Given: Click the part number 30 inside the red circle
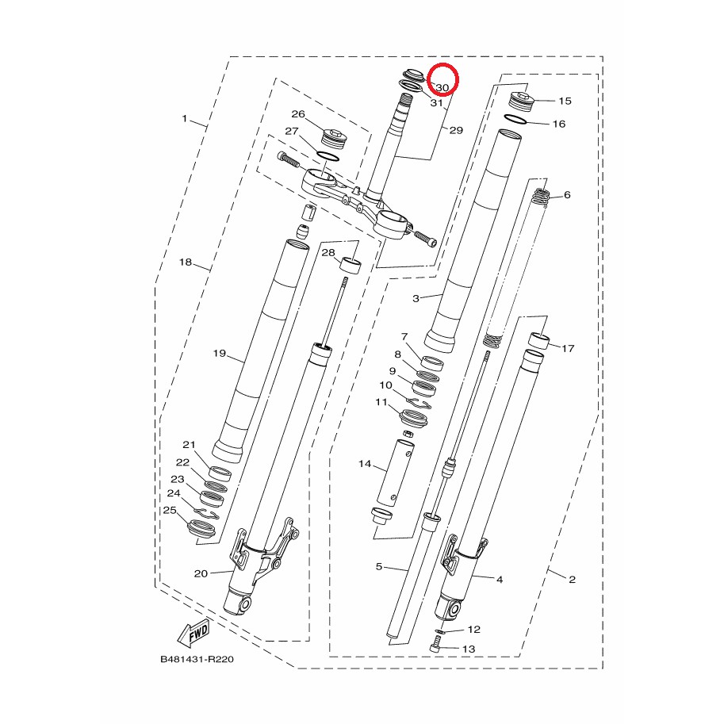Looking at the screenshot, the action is tap(442, 87).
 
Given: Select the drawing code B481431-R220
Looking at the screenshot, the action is tap(197, 659).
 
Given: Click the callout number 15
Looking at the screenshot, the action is tap(565, 101).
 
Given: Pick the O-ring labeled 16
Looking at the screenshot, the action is tap(515, 119).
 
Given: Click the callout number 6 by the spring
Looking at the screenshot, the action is tap(567, 195).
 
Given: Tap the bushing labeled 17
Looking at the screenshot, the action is tap(539, 341).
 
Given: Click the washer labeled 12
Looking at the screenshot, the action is tap(440, 632).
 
